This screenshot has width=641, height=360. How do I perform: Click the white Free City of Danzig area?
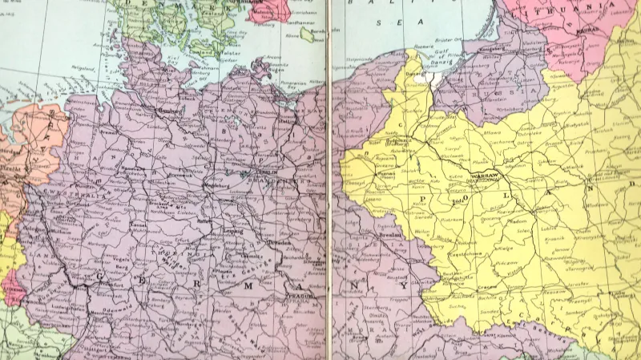pyautogui.click(x=433, y=79)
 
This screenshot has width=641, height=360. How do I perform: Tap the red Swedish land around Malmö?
pyautogui.click(x=271, y=10)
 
